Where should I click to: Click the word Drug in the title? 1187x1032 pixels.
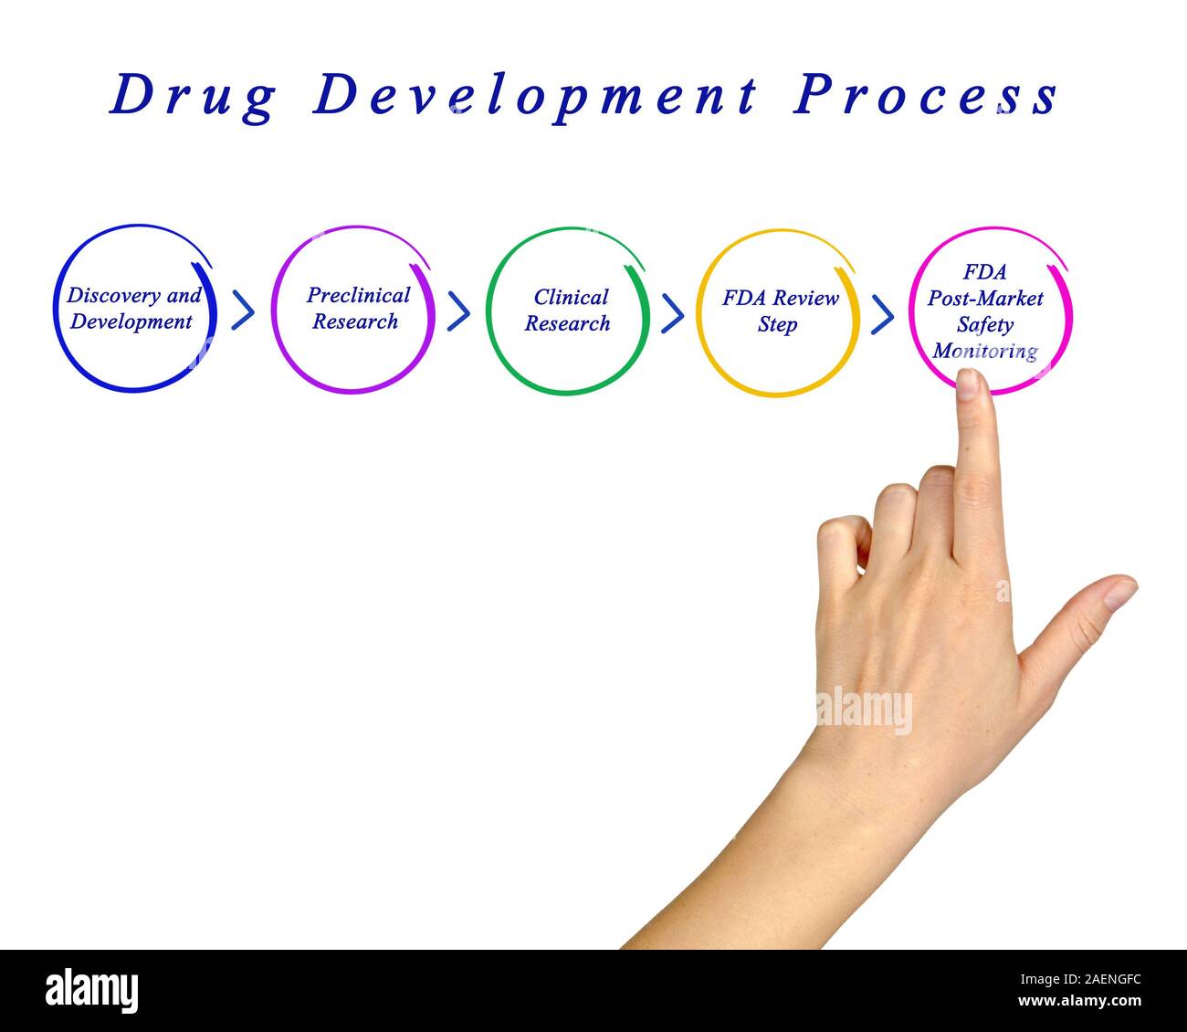click(192, 96)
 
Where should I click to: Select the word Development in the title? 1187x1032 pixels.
click(535, 96)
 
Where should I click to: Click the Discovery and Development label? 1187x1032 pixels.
click(133, 309)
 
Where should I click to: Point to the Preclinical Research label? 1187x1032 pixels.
click(357, 308)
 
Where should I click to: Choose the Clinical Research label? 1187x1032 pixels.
click(569, 311)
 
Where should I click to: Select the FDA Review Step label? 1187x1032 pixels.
click(780, 311)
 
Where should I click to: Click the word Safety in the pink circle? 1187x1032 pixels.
click(985, 324)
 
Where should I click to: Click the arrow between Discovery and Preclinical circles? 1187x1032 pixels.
click(243, 311)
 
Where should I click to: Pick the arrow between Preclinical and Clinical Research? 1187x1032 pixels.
click(458, 311)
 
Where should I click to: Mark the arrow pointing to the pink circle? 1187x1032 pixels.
click(882, 314)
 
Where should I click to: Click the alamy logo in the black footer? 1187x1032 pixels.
click(91, 991)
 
